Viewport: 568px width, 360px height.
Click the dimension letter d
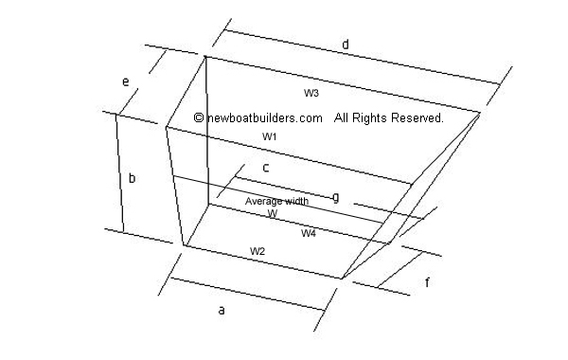[x=346, y=45]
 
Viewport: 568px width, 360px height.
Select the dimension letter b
[x=132, y=177]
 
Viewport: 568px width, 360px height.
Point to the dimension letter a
[x=222, y=310]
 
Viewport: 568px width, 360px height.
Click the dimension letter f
[x=427, y=281]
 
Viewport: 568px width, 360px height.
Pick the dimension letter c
[x=266, y=168]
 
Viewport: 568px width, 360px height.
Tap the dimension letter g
[x=336, y=197]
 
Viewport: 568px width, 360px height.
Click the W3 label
[x=311, y=93]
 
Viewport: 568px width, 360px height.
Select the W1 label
[x=270, y=137]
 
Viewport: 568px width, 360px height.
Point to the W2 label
[x=257, y=250]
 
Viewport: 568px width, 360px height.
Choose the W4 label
[x=309, y=233]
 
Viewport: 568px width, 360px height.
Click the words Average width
[x=276, y=201]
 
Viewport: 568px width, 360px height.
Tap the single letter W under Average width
[x=272, y=214]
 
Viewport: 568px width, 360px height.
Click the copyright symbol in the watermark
[x=198, y=118]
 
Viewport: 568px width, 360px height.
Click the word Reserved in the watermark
[x=417, y=118]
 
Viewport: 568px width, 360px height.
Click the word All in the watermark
[x=342, y=118]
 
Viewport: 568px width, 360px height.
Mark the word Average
[x=263, y=201]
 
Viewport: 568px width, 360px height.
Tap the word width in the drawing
[x=296, y=201]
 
